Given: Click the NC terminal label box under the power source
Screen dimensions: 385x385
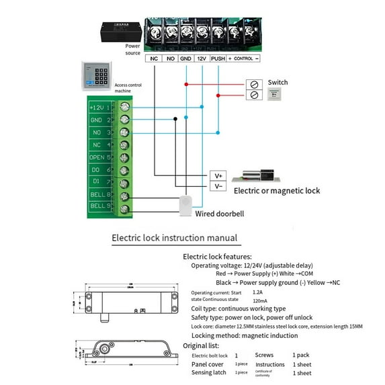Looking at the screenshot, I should (155, 59).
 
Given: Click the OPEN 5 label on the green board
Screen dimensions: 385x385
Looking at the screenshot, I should (99, 157).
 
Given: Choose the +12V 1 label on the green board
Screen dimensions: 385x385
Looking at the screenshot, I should (99, 108).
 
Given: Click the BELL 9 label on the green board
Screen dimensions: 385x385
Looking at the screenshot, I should (99, 206).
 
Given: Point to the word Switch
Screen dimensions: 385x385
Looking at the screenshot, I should (277, 83).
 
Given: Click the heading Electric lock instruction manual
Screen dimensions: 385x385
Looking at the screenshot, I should (174, 237).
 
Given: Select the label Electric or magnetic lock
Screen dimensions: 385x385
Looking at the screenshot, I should (277, 191).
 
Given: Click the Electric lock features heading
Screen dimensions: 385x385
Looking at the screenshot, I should (217, 257).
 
